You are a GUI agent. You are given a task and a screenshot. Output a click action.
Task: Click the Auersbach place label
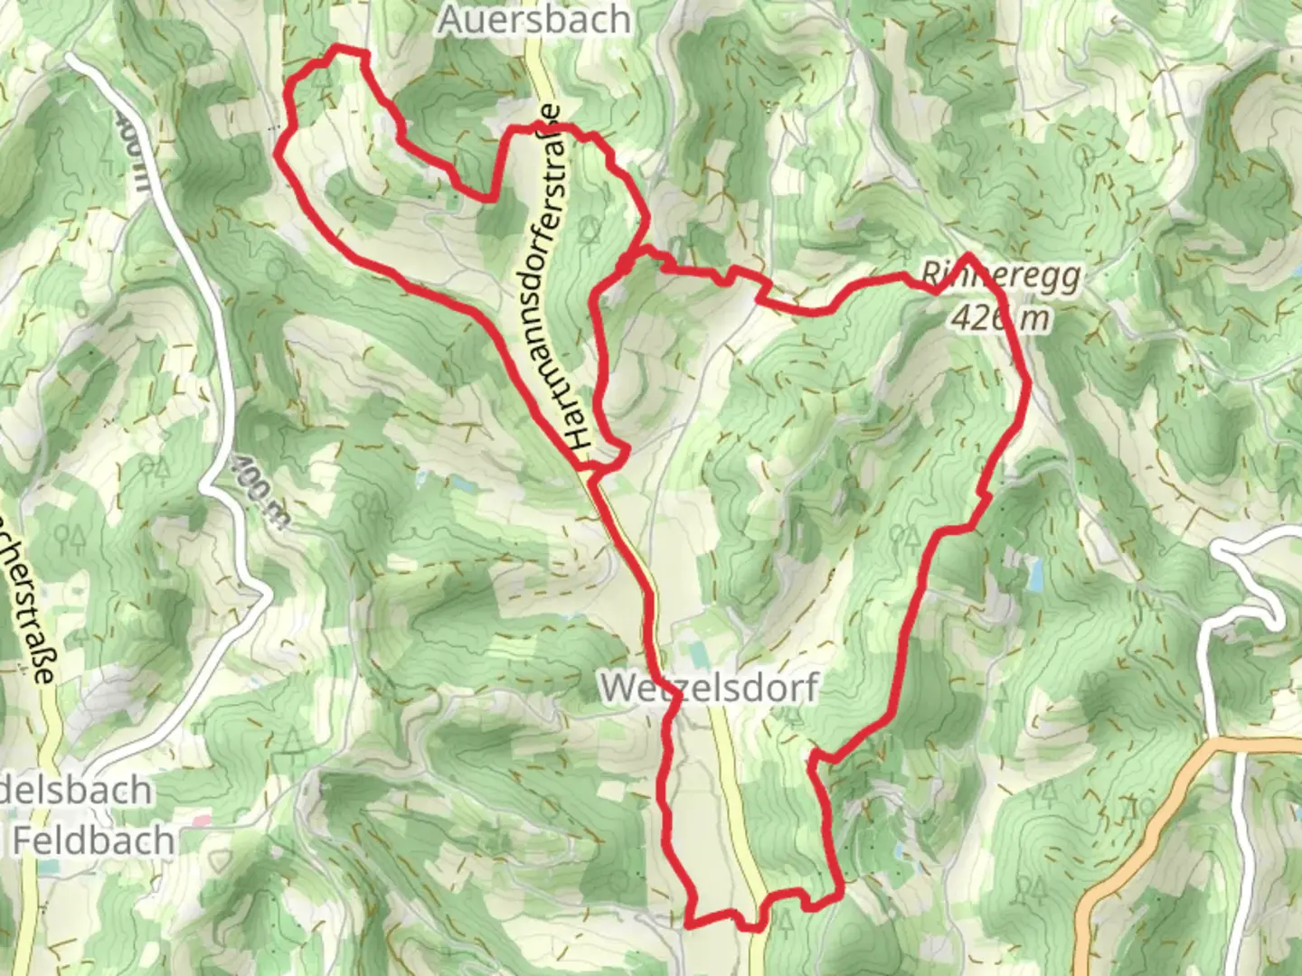point(533,20)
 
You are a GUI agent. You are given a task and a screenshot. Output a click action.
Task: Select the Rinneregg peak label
point(1002,273)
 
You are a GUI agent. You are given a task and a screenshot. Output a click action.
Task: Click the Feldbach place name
point(93,840)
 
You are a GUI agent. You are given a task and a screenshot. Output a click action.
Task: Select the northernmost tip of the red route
point(339,47)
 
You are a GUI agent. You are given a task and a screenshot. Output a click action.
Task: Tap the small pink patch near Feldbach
point(201,821)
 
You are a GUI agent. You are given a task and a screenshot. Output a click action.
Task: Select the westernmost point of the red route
point(278,152)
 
